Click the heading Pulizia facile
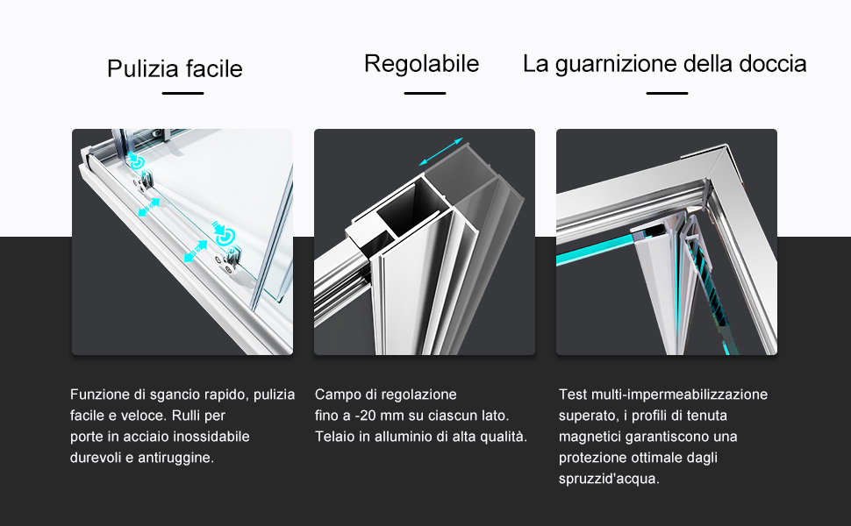pyautogui.click(x=175, y=69)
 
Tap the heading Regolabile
pyautogui.click(x=422, y=64)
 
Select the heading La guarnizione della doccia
pyautogui.click(x=665, y=64)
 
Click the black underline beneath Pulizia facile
pyautogui.click(x=182, y=93)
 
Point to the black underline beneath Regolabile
pyautogui.click(x=425, y=93)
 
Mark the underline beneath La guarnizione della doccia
pyautogui.click(x=667, y=93)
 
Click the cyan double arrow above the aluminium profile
pyautogui.click(x=440, y=152)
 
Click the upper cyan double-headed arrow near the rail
pyautogui.click(x=149, y=207)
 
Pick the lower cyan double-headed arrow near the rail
pyautogui.click(x=196, y=252)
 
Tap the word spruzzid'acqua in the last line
pyautogui.click(x=609, y=479)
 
